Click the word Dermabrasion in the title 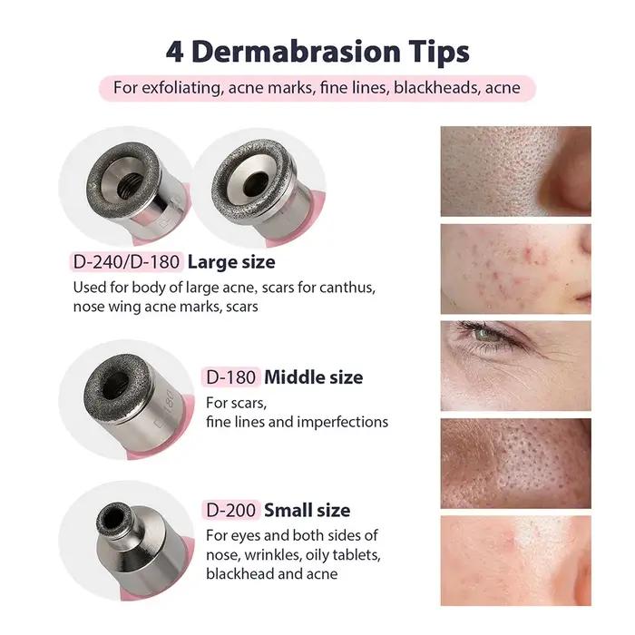click(296, 52)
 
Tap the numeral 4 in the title click(174, 52)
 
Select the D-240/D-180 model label click(126, 262)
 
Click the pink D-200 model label click(230, 510)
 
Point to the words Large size click(231, 262)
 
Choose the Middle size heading click(314, 377)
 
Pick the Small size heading click(307, 510)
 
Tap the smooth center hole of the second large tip click(256, 182)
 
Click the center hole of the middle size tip click(115, 386)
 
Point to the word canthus click(347, 288)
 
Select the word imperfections click(343, 423)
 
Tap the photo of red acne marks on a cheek click(515, 269)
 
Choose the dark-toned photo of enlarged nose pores click(515, 464)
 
